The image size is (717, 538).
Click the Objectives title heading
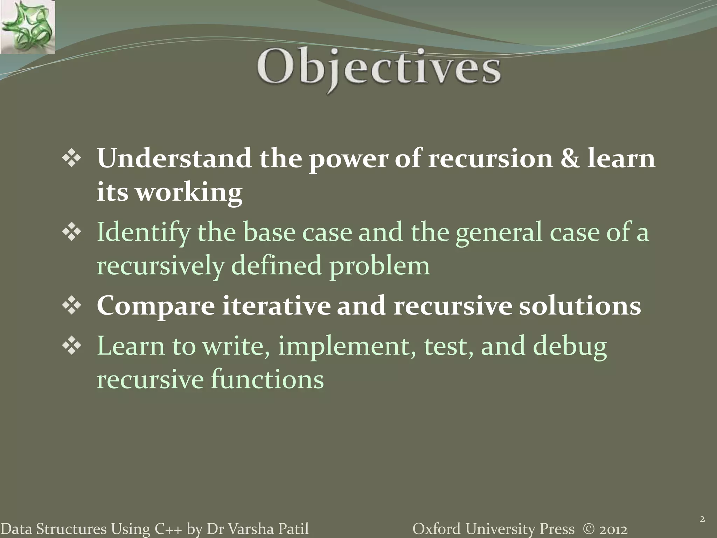click(x=379, y=68)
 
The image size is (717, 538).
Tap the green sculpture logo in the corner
click(x=27, y=27)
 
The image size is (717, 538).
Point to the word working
click(x=189, y=193)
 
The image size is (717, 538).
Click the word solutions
click(x=580, y=305)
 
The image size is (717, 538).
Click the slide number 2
click(x=702, y=519)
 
